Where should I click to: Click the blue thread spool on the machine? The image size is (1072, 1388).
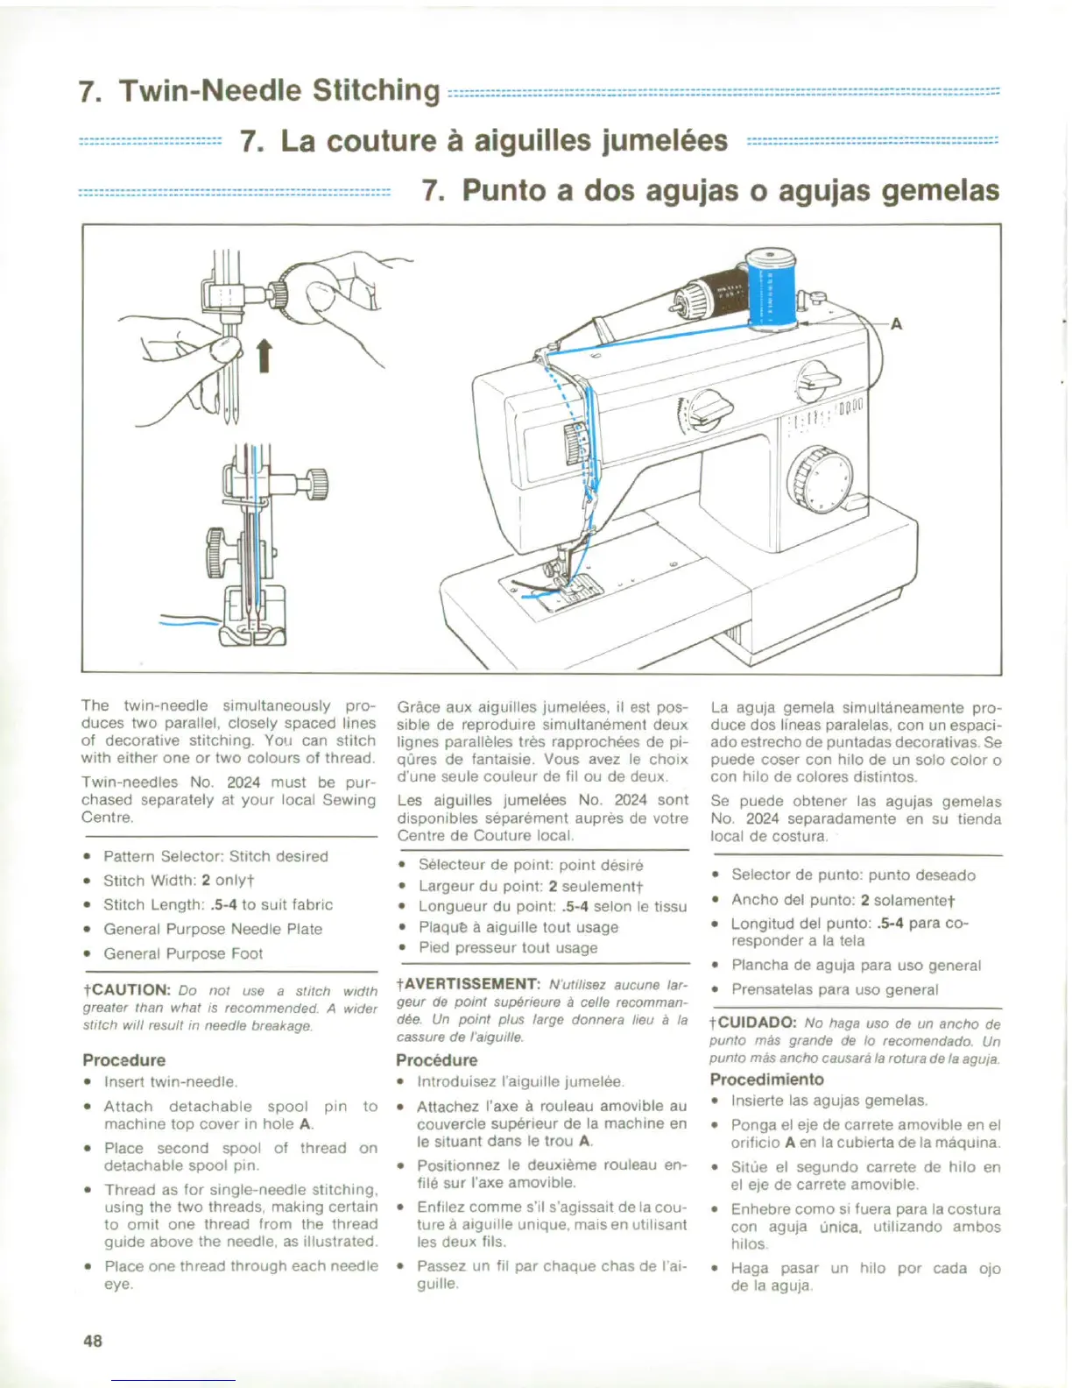(x=771, y=289)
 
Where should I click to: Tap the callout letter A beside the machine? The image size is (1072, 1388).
(x=896, y=324)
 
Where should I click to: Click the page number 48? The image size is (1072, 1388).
(x=93, y=1340)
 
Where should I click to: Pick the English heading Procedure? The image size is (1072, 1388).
(x=123, y=1059)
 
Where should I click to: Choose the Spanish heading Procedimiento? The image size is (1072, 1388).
(x=766, y=1079)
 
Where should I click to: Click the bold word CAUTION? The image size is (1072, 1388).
(x=130, y=990)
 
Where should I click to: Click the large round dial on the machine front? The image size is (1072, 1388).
(x=820, y=478)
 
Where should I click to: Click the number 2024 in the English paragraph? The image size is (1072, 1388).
(x=243, y=782)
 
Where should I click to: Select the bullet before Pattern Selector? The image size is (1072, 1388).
(x=88, y=857)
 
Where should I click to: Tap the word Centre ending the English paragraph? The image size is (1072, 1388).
(x=107, y=818)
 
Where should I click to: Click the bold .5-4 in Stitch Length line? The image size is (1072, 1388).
(x=224, y=904)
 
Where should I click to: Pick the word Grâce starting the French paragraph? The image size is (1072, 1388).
(x=417, y=707)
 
